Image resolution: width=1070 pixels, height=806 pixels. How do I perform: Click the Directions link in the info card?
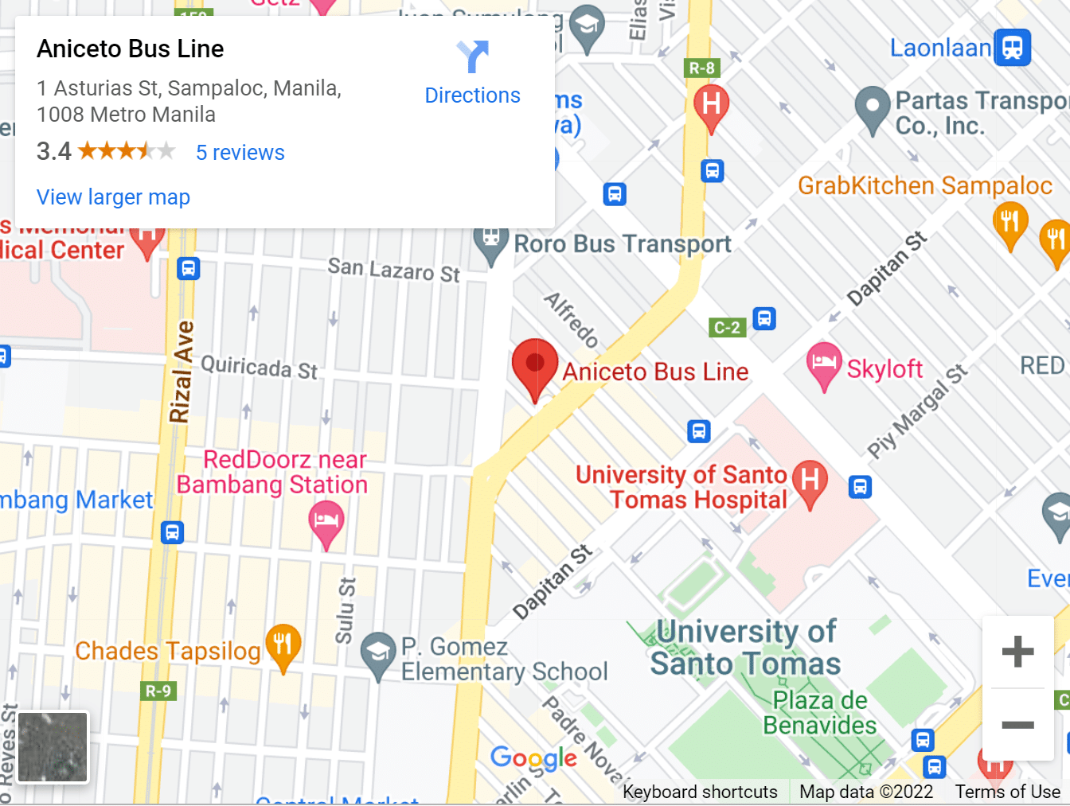pos(472,95)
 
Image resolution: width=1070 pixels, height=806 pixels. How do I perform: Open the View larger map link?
pos(113,197)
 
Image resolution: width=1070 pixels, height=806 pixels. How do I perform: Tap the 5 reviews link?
pos(240,152)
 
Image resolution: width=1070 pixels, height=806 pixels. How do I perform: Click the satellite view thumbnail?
pos(53,747)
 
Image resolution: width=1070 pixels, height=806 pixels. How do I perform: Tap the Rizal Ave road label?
pos(182,371)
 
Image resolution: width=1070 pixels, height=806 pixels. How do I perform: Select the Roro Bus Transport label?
pos(622,243)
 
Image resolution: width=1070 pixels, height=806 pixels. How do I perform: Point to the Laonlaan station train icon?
pos(1012,47)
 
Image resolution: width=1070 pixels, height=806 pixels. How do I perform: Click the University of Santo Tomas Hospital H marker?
pos(810,481)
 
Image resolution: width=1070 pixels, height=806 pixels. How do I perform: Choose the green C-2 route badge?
pos(727,327)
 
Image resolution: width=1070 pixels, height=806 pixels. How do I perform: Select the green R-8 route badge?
pos(701,68)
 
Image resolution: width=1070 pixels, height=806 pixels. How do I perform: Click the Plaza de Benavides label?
pos(819,713)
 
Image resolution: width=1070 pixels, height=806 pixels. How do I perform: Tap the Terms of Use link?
pos(1007,792)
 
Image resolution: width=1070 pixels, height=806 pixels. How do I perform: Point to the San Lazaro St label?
pos(393,270)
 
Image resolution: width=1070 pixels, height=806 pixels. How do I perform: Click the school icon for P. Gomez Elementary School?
pos(377,653)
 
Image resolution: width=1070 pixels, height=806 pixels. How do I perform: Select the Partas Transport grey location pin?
pos(873,107)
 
